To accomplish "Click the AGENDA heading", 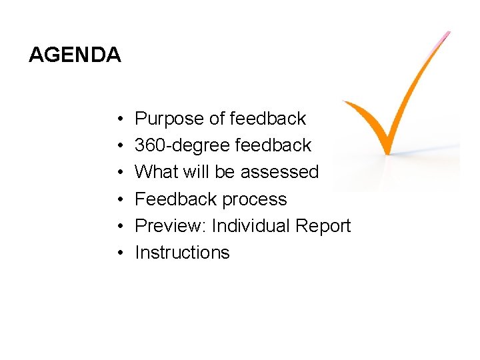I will pos(75,55).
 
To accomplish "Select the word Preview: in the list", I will pos(170,226).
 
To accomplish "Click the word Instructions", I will pos(182,253).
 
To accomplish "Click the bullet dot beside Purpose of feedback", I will pos(117,119).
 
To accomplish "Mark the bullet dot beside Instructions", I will pos(117,253).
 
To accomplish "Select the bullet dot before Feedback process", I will pos(117,200).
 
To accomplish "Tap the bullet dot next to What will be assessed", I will pos(117,173).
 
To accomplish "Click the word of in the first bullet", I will pos(217,119).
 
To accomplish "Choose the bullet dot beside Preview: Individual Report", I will pos(117,227).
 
